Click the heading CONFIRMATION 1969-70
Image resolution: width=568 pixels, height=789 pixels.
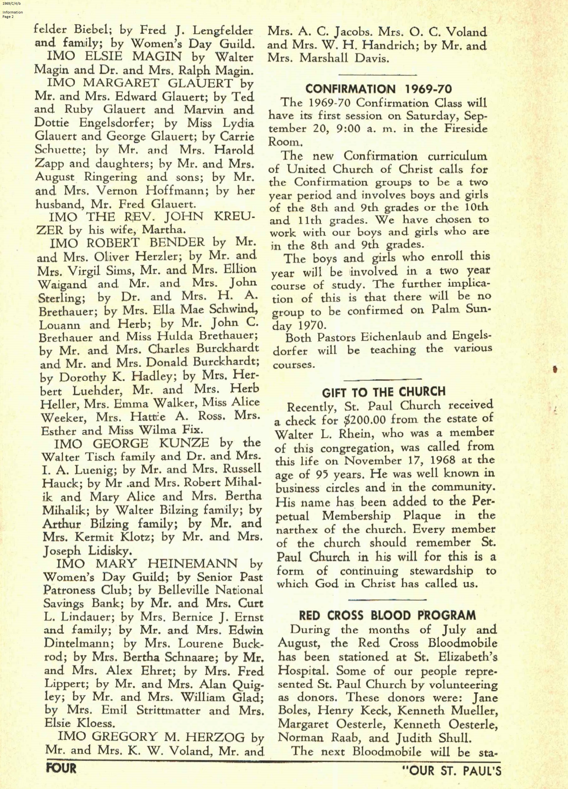(x=378, y=89)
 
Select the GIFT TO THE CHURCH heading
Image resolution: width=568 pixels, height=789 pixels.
(x=384, y=392)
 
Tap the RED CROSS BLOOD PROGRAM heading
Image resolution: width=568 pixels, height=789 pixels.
(x=387, y=615)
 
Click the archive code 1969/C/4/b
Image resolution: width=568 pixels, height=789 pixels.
(x=11, y=4)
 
